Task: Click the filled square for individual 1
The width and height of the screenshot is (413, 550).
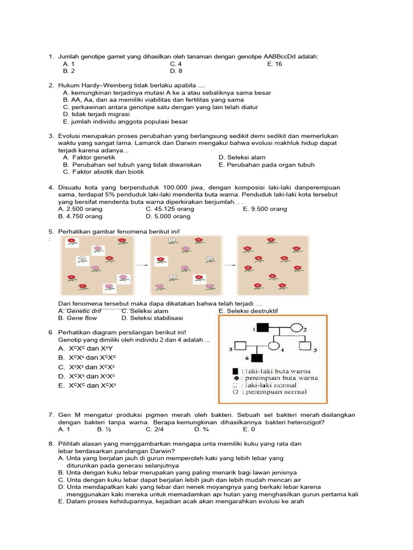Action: tap(262, 328)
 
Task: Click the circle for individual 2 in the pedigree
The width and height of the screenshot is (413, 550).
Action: tap(296, 328)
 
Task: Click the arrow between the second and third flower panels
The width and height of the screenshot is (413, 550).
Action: tap(230, 265)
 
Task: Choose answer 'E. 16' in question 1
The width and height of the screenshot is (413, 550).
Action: tap(274, 64)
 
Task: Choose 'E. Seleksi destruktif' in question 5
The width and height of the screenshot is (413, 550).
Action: tap(248, 311)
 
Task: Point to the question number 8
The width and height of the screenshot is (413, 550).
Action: tap(51, 444)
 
